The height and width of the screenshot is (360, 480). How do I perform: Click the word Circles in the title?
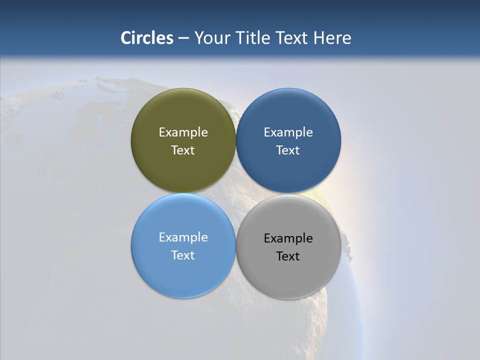coord(147,38)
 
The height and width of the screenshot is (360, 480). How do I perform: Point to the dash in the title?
coord(183,38)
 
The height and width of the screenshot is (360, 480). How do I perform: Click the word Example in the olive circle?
coord(183,132)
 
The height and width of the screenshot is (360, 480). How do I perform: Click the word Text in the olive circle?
coord(183,150)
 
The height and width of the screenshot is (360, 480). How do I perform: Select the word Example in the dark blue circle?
coord(288,132)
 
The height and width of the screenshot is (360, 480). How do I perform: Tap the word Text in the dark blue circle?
coord(288,150)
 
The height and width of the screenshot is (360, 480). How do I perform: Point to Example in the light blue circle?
coord(183,237)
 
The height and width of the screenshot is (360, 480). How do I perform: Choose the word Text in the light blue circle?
coord(183,255)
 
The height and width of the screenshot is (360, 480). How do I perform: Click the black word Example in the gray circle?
coord(288,238)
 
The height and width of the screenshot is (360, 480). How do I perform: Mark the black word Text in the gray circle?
coord(288,256)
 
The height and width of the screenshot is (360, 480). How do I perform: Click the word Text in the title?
coord(292,38)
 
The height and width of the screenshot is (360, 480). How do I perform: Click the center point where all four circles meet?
coord(236,193)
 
